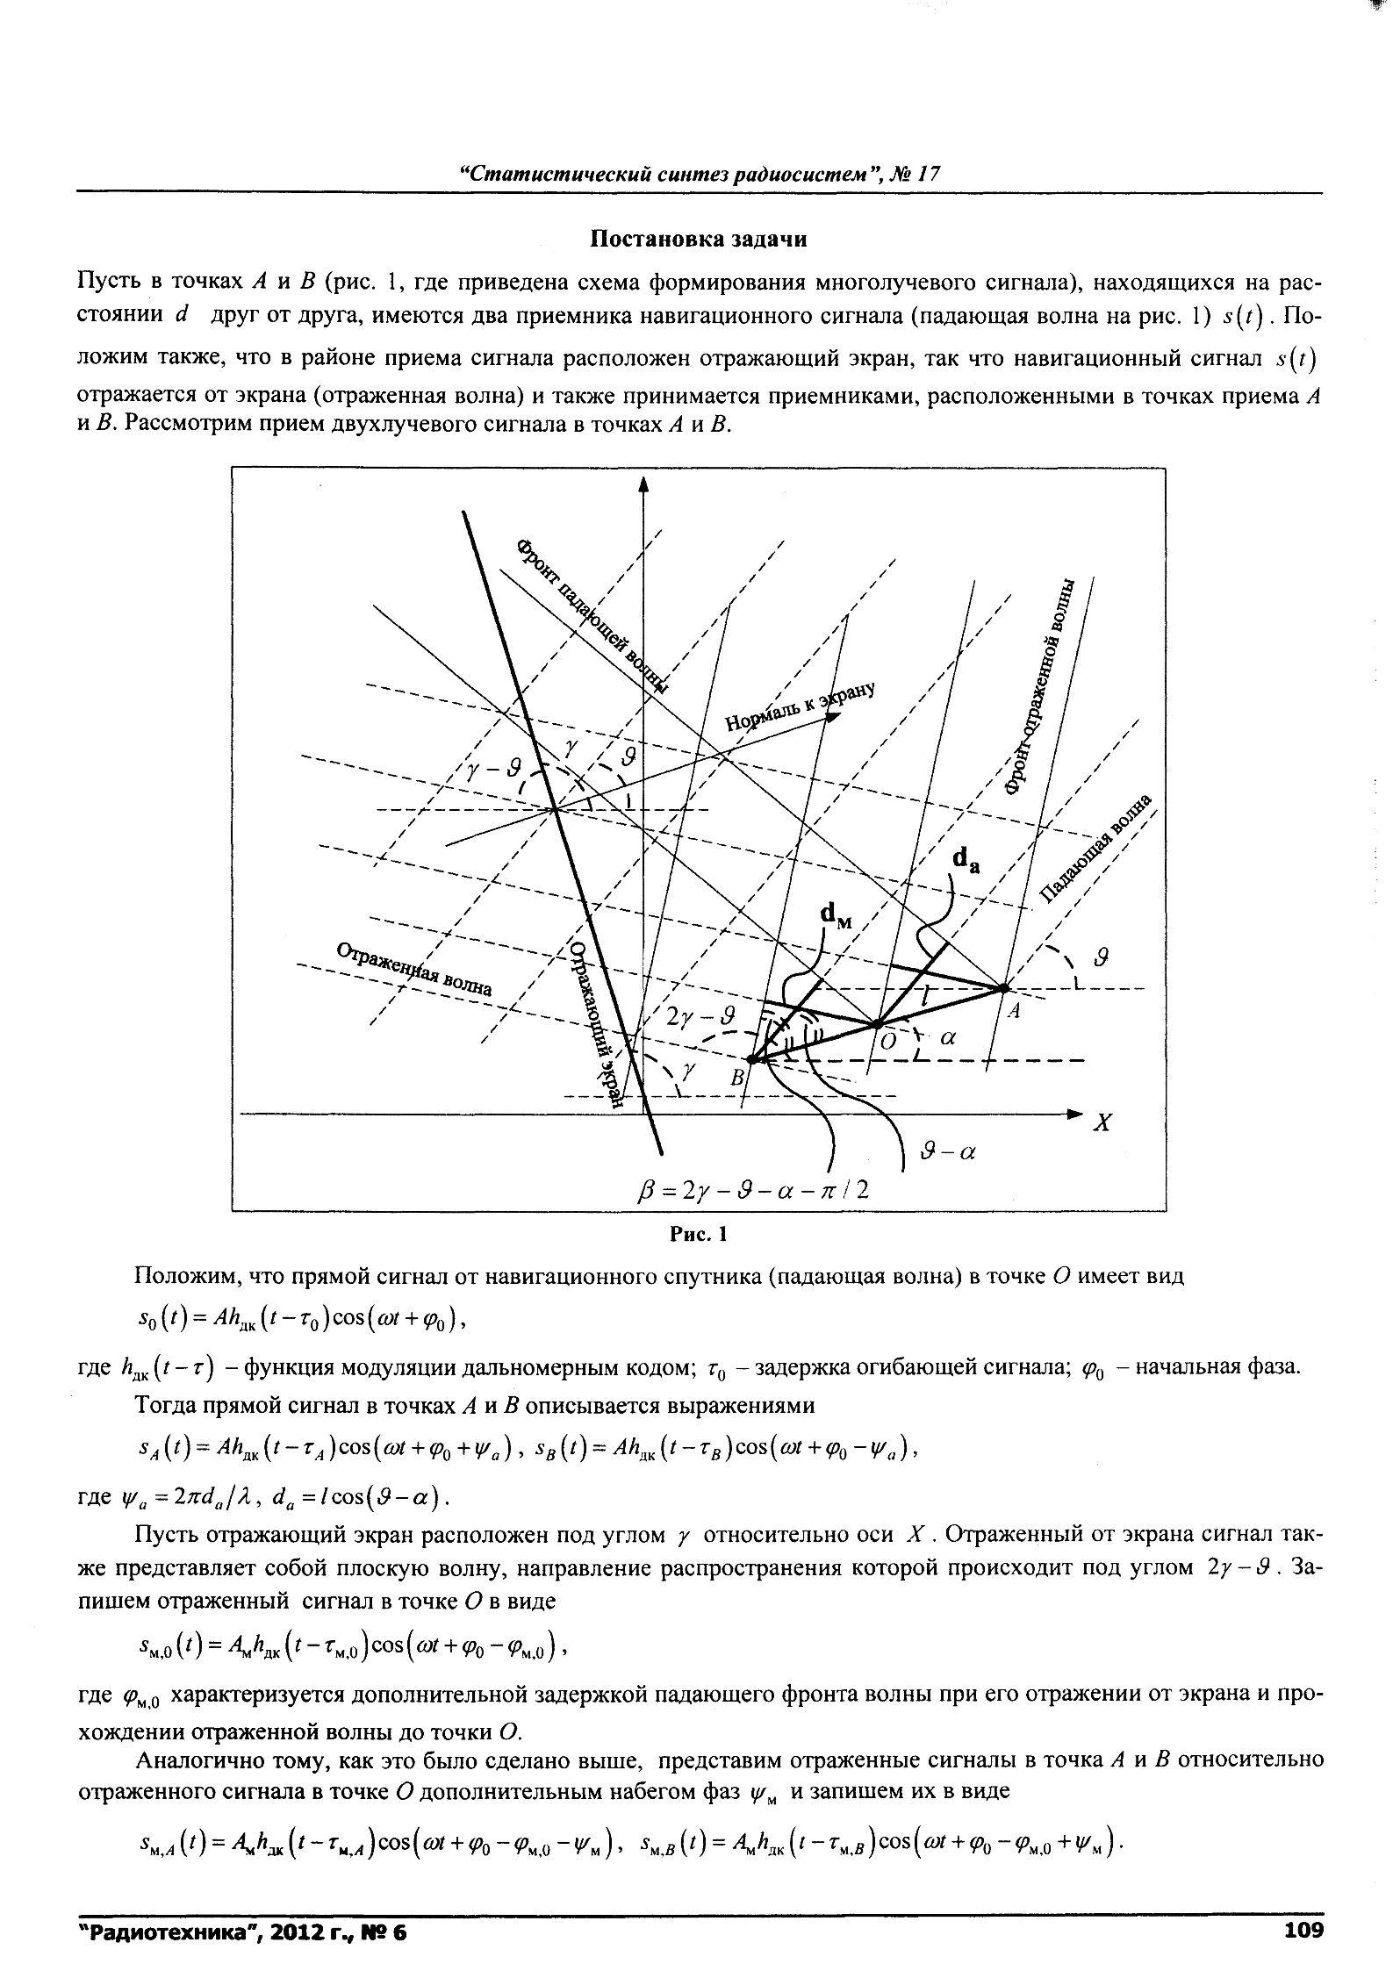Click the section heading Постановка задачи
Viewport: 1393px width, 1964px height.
click(698, 239)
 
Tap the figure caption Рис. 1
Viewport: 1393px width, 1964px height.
click(698, 1235)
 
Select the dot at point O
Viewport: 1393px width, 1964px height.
click(876, 1023)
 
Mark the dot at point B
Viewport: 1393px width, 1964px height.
click(752, 1060)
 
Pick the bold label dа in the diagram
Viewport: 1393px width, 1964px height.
click(966, 861)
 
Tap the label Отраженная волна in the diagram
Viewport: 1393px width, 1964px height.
click(414, 970)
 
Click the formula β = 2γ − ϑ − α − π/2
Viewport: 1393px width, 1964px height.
click(753, 1191)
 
